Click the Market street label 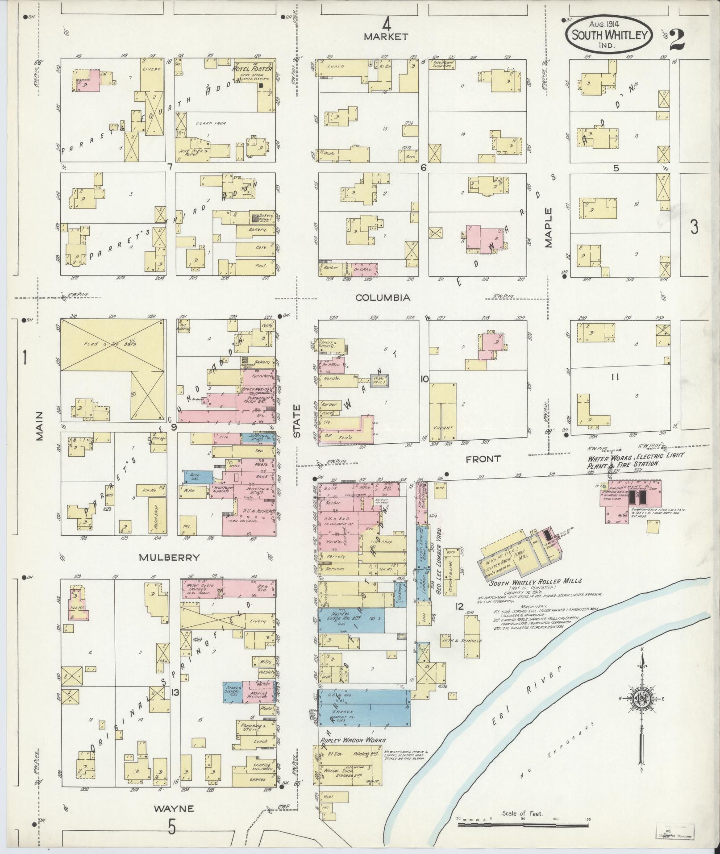pos(386,37)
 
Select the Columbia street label pos(383,297)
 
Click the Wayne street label pos(174,808)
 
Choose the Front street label pos(483,458)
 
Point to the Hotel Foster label pos(253,69)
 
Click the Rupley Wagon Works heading pos(352,740)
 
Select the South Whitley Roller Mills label pos(535,582)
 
